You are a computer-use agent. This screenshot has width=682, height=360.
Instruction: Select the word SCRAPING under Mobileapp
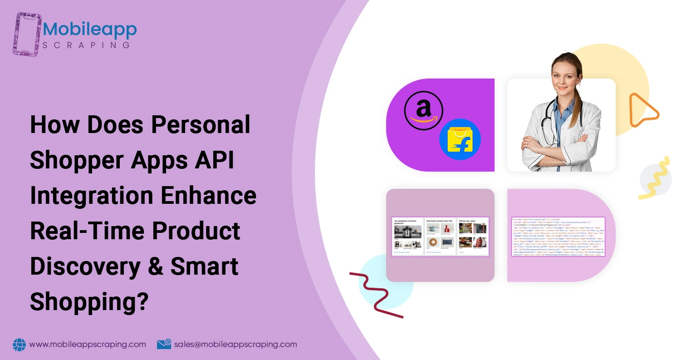point(86,45)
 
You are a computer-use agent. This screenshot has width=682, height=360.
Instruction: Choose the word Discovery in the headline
point(84,266)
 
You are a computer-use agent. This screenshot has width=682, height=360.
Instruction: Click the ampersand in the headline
point(155,266)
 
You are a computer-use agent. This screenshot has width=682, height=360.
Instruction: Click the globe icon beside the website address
point(20,345)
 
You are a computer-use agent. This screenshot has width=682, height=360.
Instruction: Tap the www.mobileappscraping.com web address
point(88,345)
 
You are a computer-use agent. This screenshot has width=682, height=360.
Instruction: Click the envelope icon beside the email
point(164,345)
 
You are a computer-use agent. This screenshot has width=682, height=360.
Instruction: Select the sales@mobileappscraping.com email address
point(236,345)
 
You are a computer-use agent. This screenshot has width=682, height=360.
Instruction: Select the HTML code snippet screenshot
point(558,237)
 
